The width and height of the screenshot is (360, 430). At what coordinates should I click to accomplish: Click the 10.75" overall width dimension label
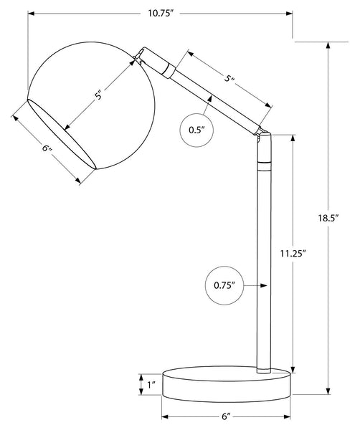[x=161, y=13]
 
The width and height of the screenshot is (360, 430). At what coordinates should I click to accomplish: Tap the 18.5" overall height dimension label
[x=328, y=218]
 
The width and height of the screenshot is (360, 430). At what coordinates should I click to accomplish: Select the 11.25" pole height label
[x=293, y=254]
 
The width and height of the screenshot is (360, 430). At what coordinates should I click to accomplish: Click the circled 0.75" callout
[x=224, y=285]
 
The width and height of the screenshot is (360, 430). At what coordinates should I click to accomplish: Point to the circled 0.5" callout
[x=196, y=130]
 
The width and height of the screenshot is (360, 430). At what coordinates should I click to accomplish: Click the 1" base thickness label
[x=151, y=385]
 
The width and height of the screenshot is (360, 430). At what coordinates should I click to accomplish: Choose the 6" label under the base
[x=226, y=416]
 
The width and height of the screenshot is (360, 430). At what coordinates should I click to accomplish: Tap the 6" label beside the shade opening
[x=47, y=148]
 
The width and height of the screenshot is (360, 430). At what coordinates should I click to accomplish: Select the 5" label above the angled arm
[x=229, y=77]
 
